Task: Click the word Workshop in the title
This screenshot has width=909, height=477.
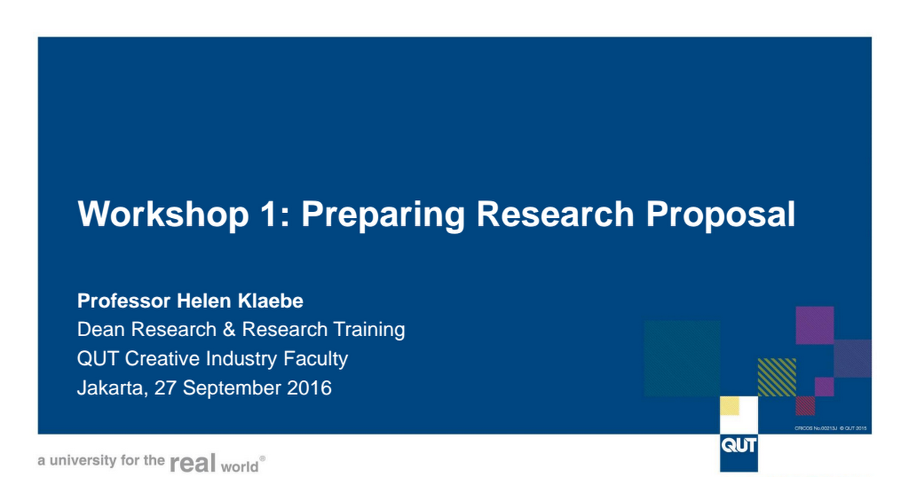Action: click(163, 214)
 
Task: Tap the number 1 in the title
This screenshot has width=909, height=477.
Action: click(269, 214)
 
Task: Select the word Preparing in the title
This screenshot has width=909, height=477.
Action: click(383, 215)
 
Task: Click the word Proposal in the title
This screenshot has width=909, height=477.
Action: click(720, 215)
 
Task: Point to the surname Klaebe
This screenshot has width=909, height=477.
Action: click(270, 301)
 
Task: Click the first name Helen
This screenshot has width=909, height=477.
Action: click(204, 301)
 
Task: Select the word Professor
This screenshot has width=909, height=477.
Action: click(123, 301)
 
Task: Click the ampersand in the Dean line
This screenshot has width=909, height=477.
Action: click(229, 329)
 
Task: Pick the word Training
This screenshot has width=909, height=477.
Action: click(369, 330)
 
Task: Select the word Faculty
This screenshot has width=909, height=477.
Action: click(315, 360)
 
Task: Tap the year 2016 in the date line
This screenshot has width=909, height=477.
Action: click(309, 388)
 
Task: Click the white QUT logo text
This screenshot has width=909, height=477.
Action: click(739, 446)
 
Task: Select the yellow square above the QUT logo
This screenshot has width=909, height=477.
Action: click(729, 406)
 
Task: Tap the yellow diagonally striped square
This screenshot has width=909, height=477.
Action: click(776, 377)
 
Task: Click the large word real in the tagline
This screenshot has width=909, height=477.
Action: click(192, 463)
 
